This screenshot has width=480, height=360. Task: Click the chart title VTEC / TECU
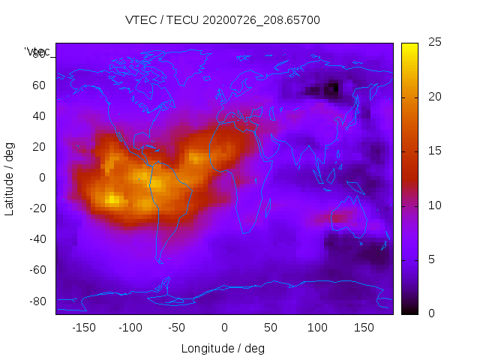point(223,20)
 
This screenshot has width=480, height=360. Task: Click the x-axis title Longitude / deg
point(223,348)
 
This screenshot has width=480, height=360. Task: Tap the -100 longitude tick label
point(130,328)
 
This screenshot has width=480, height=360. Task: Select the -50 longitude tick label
point(177,328)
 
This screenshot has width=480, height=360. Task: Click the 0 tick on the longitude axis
point(224,328)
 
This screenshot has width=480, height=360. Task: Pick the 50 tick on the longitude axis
point(271,328)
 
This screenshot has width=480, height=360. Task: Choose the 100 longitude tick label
point(317,328)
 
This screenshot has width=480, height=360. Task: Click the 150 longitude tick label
point(364,328)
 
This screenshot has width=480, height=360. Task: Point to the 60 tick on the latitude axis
point(39,85)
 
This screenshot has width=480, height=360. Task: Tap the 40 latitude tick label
point(39,115)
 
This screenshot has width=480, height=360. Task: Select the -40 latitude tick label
point(37,239)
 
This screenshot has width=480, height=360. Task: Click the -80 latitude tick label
point(37,301)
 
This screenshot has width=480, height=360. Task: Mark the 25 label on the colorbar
point(434,43)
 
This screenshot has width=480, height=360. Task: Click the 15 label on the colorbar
point(434,151)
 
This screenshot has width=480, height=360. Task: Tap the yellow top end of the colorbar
point(409,46)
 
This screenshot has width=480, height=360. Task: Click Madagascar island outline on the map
point(268,206)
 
